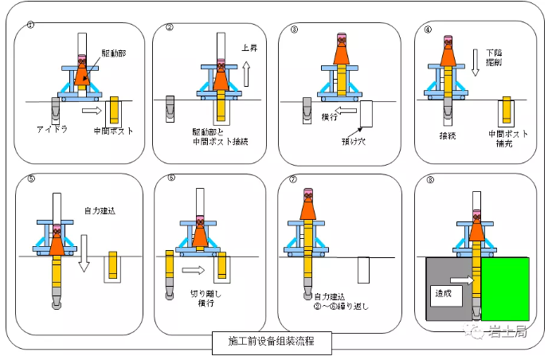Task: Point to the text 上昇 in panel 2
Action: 249,47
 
